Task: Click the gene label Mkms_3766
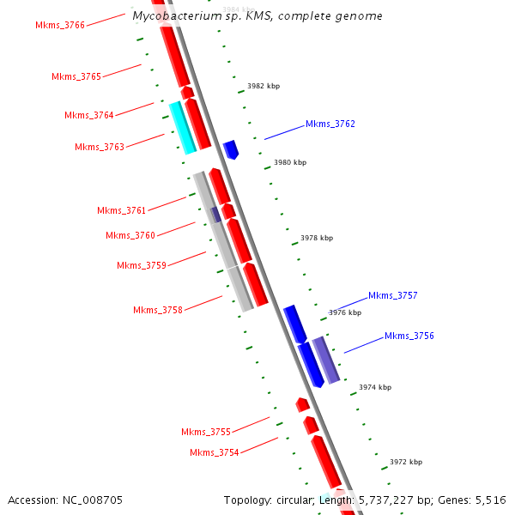[x=60, y=26]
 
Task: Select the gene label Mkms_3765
[x=76, y=77]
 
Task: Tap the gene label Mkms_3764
[x=89, y=116]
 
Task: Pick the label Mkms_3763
[x=100, y=148]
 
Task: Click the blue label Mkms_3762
[x=330, y=124]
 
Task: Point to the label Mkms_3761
[x=122, y=211]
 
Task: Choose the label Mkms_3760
[x=130, y=236]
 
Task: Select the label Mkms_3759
[x=142, y=266]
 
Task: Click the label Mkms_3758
[x=158, y=311]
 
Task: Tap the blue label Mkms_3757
[x=393, y=296]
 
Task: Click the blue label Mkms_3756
[x=409, y=336]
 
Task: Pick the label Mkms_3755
[x=206, y=433]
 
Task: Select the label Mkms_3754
[x=215, y=453]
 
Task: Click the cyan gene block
[x=183, y=128]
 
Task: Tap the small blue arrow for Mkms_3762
[x=231, y=150]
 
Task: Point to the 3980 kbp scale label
[x=290, y=163]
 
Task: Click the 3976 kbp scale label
[x=345, y=313]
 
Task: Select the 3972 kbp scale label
[x=406, y=463]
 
